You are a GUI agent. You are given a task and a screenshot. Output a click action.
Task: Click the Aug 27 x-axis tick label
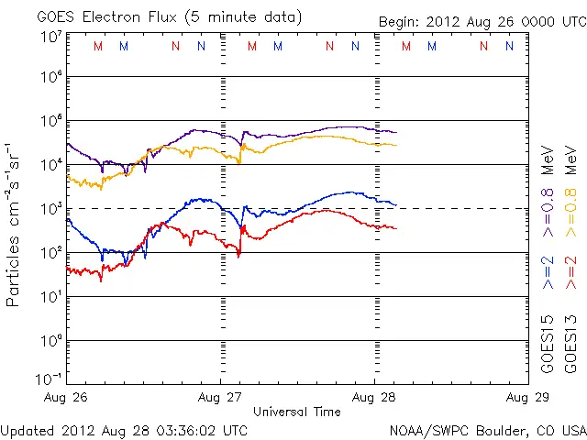pos(220,399)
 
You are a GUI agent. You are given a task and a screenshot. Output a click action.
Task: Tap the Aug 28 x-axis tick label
pos(373,399)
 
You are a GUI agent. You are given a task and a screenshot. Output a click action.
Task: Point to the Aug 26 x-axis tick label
pos(67,399)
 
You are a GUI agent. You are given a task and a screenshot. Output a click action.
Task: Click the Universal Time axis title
pos(296,412)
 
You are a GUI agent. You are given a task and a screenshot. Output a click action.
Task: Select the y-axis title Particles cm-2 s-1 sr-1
pos(16,224)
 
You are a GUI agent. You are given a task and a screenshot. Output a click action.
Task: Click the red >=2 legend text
pos(570,274)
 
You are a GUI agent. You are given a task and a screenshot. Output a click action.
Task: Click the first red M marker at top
pos(98,46)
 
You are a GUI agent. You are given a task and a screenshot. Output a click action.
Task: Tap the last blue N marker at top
pos(509,46)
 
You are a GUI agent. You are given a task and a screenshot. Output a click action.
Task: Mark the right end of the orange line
pos(396,146)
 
